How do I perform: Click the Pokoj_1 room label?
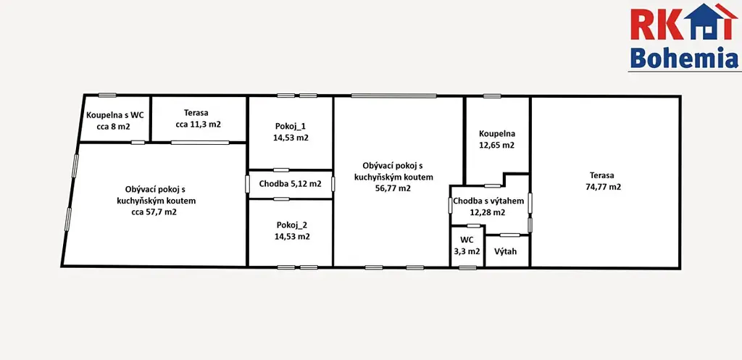291,132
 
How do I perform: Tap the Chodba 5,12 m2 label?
290,183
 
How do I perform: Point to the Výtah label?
505,251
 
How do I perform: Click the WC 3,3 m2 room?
467,247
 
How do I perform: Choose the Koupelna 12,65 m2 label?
496,140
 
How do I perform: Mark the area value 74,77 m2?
603,187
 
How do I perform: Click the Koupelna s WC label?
114,115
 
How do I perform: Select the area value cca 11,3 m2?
199,125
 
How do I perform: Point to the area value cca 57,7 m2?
154,212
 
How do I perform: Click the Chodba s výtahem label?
488,201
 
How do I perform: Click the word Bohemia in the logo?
684,58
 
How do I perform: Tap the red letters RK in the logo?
656,24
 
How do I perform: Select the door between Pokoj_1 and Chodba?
282,169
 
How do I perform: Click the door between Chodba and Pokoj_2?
282,199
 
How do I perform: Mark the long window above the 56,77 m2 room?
393,96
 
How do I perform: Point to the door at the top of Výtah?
509,235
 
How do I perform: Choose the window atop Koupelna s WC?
107,95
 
